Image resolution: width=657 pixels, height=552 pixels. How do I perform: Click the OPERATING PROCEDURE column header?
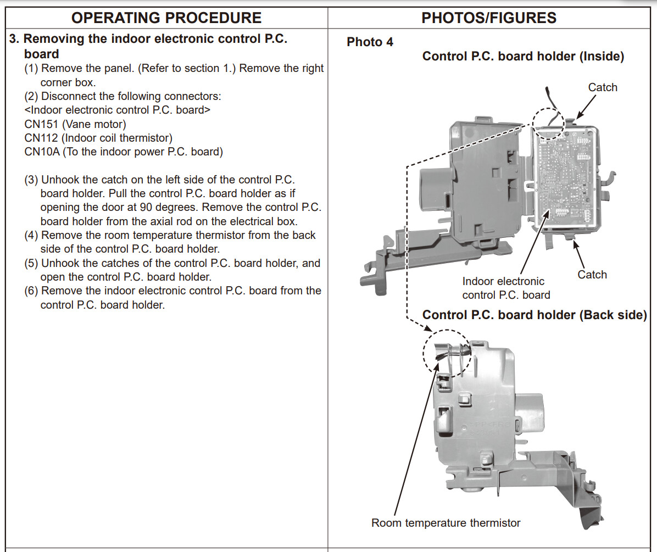pyautogui.click(x=166, y=18)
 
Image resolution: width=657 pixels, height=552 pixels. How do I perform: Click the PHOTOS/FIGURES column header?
pyautogui.click(x=489, y=18)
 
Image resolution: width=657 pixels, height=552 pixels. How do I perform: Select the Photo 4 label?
pyautogui.click(x=370, y=42)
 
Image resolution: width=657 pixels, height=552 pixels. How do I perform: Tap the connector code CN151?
pyautogui.click(x=42, y=124)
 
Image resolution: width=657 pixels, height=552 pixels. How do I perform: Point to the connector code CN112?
pyautogui.click(x=42, y=138)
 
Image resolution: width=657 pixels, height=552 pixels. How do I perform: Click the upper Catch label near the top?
pyautogui.click(x=603, y=87)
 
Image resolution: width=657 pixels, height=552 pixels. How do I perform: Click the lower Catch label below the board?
pyautogui.click(x=592, y=275)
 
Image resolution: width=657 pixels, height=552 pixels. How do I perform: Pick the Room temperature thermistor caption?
pyautogui.click(x=446, y=523)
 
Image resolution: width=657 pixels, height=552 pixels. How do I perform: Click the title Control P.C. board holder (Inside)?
pyautogui.click(x=523, y=57)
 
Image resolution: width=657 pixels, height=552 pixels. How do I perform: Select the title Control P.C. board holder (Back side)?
pyautogui.click(x=534, y=315)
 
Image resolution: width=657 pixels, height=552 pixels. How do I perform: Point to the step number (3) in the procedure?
pyautogui.click(x=32, y=180)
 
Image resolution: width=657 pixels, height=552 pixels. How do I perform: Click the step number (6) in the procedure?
pyautogui.click(x=32, y=291)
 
